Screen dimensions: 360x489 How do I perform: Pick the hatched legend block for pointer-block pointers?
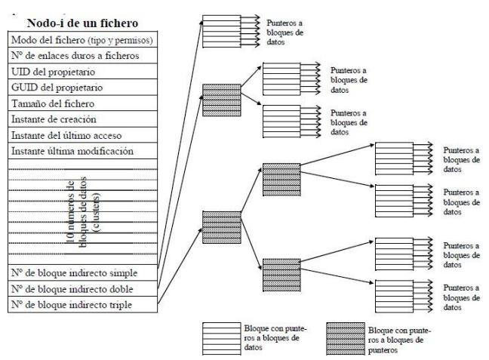point(345,336)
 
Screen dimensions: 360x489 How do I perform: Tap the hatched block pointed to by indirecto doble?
point(218,99)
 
